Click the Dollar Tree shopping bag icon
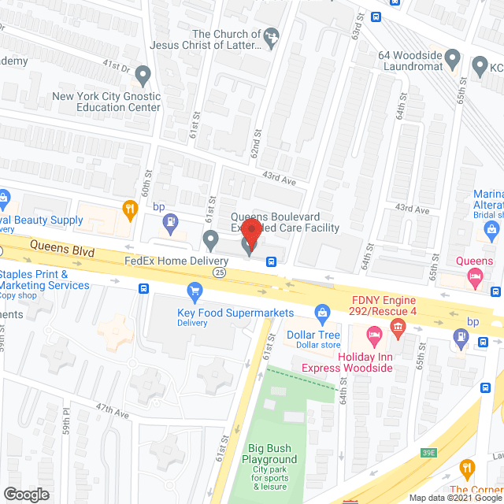(321, 314)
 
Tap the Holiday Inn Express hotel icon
(376, 334)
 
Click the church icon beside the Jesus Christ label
(272, 36)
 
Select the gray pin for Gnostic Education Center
(143, 76)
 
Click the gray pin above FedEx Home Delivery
(209, 239)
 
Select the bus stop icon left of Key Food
(143, 289)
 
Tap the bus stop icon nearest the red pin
(271, 261)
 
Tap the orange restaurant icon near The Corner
(467, 468)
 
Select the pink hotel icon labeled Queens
(476, 276)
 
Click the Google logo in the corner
(25, 494)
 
